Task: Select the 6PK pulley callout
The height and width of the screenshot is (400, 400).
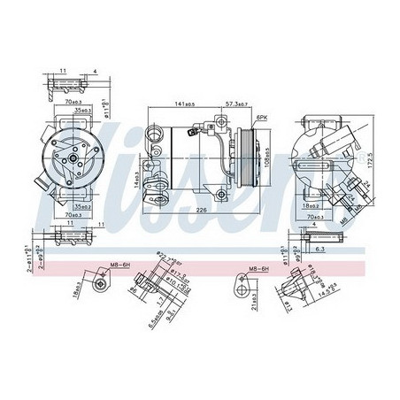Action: [262, 117]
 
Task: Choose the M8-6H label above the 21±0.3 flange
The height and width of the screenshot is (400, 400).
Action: [251, 264]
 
